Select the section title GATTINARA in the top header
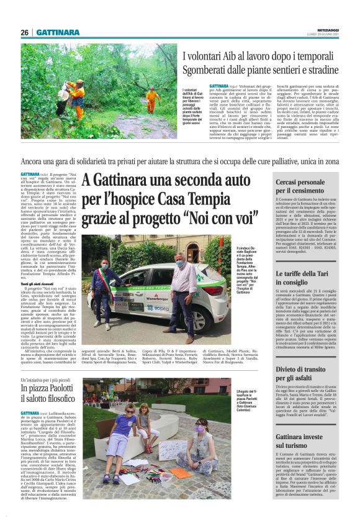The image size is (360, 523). [x=58, y=32]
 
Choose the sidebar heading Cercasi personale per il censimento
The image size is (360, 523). [x=300, y=186]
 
